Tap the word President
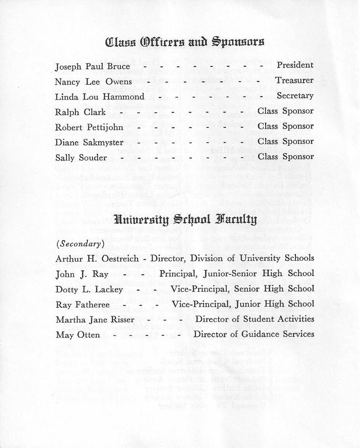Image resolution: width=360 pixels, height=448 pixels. [295, 65]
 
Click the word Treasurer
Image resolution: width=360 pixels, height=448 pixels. [295, 81]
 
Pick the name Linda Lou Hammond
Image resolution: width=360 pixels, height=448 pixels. [100, 97]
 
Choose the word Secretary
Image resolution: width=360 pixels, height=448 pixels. [295, 96]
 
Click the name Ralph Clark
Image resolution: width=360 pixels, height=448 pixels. [74, 112]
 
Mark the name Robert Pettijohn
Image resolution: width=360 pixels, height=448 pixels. [89, 127]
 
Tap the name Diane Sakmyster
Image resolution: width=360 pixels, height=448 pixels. [89, 142]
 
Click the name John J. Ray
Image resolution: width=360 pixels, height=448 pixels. [75, 274]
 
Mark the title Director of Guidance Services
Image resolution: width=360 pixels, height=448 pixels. [253, 334]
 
